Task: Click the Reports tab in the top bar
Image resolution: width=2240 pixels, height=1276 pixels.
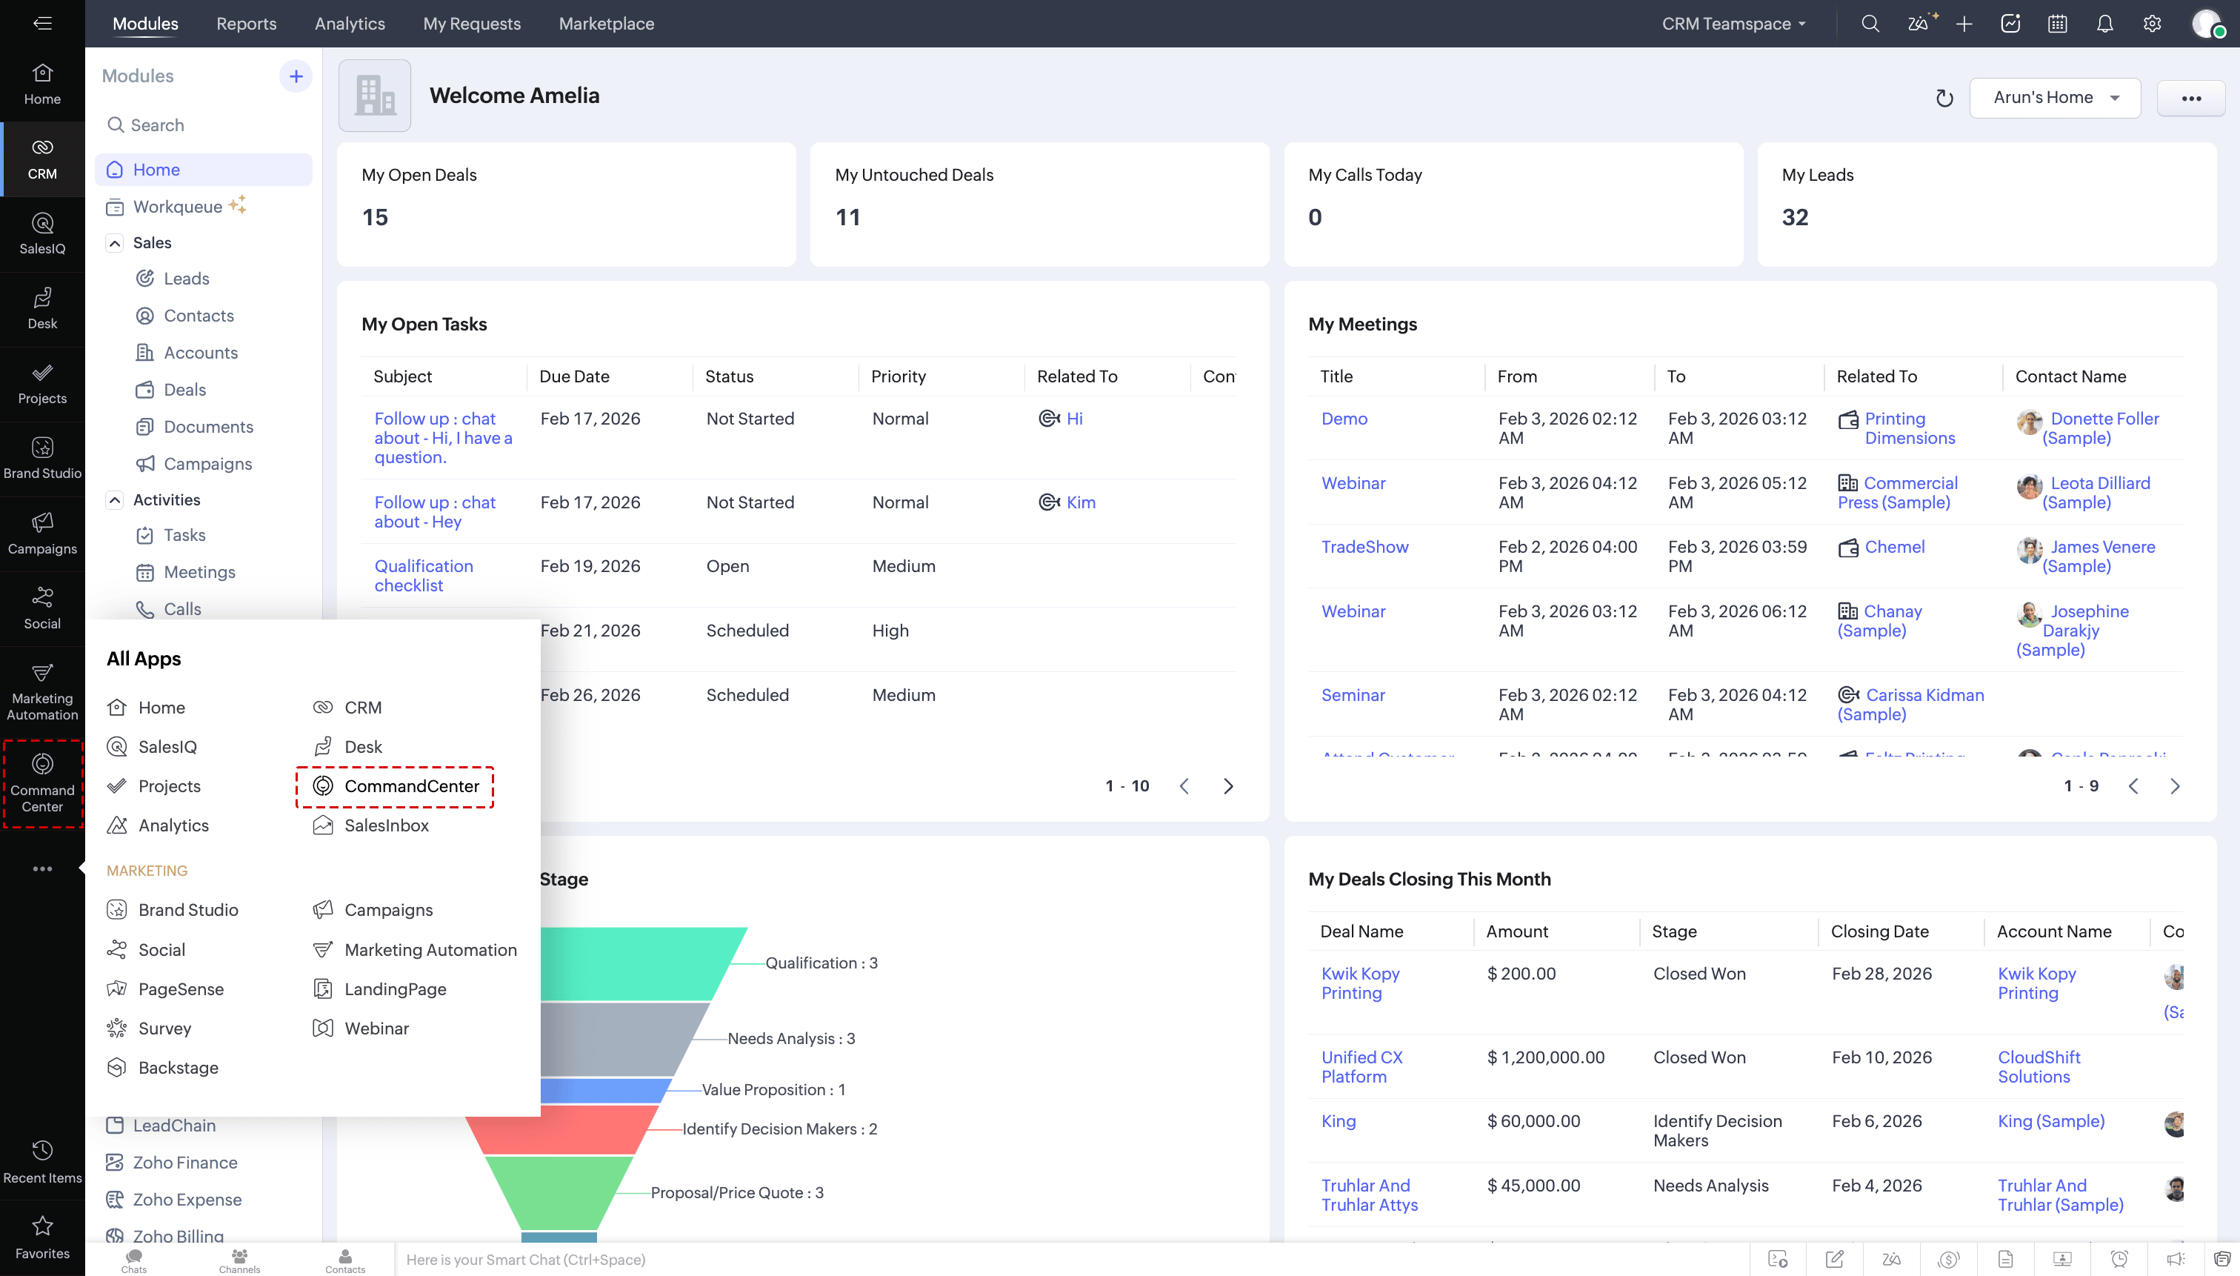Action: [x=246, y=24]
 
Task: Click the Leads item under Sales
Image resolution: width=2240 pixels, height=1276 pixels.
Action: [x=186, y=279]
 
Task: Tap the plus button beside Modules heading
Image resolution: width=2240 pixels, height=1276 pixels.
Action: [x=296, y=76]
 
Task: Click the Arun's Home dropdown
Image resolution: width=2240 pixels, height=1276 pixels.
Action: [x=2054, y=97]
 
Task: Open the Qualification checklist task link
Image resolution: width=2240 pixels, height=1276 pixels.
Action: [x=423, y=576]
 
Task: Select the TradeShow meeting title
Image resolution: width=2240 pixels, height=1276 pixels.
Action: [x=1364, y=547]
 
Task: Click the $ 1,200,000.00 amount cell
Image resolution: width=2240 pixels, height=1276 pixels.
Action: [x=1545, y=1058]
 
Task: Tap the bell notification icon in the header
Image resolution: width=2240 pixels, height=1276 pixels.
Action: [x=2104, y=24]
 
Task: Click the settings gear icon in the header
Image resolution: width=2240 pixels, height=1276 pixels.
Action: [x=2152, y=24]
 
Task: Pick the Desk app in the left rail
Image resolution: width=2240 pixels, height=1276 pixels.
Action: [x=42, y=309]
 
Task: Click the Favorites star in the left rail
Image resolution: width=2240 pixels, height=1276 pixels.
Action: [x=42, y=1236]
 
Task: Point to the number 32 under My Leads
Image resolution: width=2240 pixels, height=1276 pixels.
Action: [x=1794, y=217]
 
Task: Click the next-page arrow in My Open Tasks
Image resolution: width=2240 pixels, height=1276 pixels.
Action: [x=1228, y=786]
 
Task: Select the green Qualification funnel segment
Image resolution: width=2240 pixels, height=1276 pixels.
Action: [x=639, y=963]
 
